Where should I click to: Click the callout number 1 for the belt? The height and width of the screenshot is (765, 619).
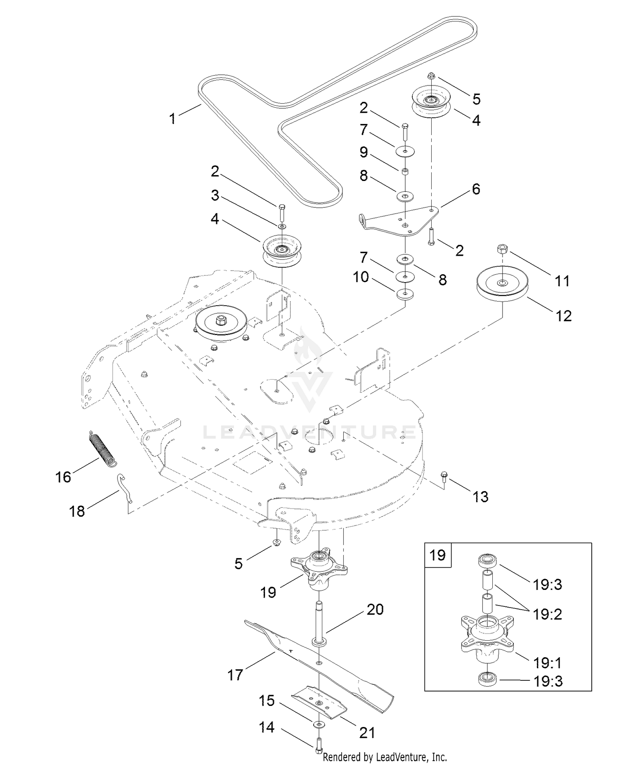coord(172,119)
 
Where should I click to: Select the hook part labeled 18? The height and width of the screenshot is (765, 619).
coord(125,487)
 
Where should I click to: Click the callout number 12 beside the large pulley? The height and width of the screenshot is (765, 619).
coord(563,316)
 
